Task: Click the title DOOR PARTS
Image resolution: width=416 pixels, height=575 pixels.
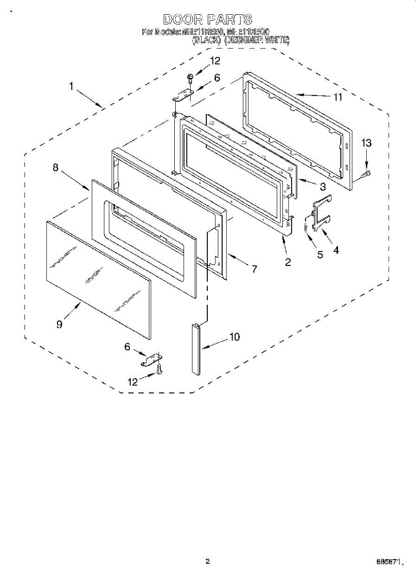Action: [x=207, y=20]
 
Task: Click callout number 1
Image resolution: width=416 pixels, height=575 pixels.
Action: [x=71, y=86]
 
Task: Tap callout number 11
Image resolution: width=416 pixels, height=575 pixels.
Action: [x=338, y=97]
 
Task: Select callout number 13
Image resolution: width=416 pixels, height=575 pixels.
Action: [x=366, y=143]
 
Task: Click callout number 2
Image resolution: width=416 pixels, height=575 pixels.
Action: [x=288, y=262]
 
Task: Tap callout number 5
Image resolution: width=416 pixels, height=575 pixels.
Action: [x=320, y=254]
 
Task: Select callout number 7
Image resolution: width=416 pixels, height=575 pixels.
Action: [x=254, y=269]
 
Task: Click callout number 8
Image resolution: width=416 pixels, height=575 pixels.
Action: [x=56, y=167]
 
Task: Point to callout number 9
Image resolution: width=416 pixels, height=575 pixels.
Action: [x=59, y=324]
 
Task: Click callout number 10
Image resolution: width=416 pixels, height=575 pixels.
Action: [x=234, y=337]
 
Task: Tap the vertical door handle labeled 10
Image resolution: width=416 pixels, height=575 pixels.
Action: [x=194, y=349]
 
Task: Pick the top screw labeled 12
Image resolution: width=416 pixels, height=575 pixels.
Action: [x=191, y=76]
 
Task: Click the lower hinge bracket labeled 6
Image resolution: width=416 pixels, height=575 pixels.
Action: [x=152, y=359]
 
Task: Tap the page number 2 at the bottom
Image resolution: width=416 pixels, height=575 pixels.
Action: [x=207, y=562]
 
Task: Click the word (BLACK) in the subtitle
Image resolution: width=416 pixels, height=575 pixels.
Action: [x=207, y=41]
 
